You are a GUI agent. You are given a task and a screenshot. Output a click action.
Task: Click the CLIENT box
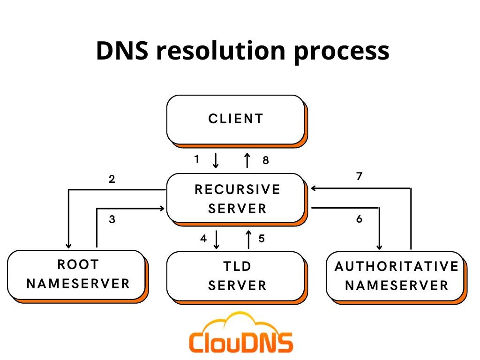pyautogui.click(x=236, y=120)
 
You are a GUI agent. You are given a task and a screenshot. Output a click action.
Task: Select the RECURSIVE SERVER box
pyautogui.click(x=236, y=199)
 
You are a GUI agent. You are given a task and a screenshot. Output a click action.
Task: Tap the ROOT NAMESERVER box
pyautogui.click(x=77, y=276)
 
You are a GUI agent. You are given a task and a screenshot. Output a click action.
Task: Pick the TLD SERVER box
pyautogui.click(x=236, y=277)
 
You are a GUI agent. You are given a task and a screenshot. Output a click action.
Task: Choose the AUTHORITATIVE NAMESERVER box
pyautogui.click(x=396, y=277)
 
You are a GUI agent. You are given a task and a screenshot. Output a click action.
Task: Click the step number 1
pyautogui.click(x=197, y=159)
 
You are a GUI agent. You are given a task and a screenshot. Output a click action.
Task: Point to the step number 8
pyautogui.click(x=266, y=160)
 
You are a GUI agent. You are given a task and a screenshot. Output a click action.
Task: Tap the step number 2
pyautogui.click(x=112, y=179)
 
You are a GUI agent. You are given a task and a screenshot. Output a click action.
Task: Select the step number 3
pyautogui.click(x=112, y=219)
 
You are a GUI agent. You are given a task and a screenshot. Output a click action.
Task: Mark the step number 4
pyautogui.click(x=203, y=239)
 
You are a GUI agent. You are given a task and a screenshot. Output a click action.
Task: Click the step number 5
pyautogui.click(x=262, y=239)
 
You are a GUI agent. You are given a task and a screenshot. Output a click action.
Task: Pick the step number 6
pyautogui.click(x=360, y=218)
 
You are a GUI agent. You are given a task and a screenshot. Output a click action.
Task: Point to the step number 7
pyautogui.click(x=360, y=176)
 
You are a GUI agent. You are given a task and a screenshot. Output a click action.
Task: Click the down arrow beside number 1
pyautogui.click(x=216, y=161)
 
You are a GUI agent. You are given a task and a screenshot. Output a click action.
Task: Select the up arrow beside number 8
pyautogui.click(x=247, y=160)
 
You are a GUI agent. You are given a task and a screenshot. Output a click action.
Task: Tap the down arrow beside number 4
pyautogui.click(x=217, y=240)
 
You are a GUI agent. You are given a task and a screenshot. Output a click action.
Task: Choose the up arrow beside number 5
pyautogui.click(x=248, y=240)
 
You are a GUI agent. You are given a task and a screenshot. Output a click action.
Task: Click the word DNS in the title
pyautogui.click(x=122, y=51)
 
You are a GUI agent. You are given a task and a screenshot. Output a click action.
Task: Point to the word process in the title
pyautogui.click(x=342, y=52)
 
